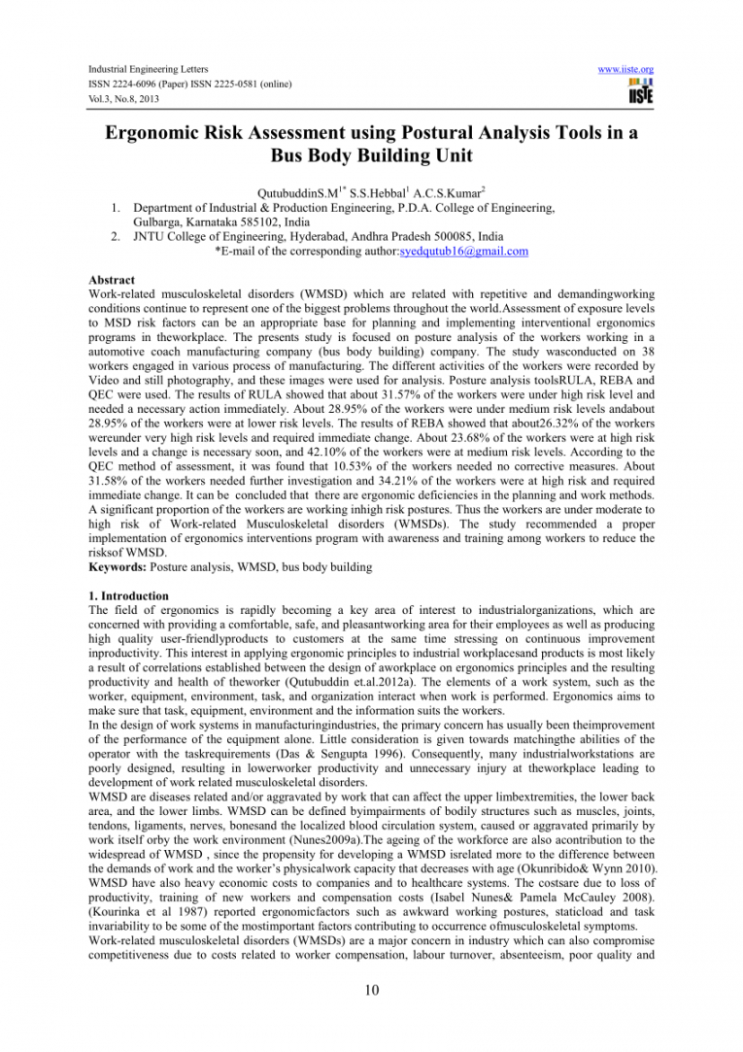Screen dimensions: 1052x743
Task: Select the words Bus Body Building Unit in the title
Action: pos(371,157)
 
